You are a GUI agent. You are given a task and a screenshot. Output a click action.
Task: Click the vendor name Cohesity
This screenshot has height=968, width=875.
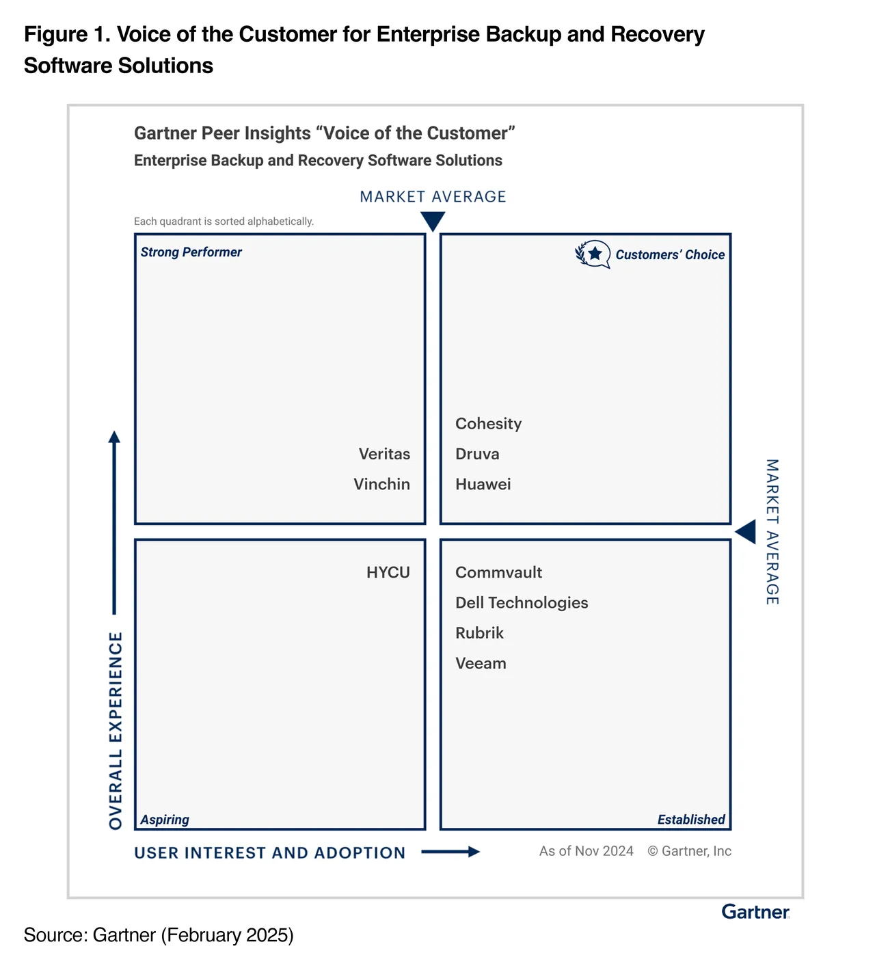point(488,424)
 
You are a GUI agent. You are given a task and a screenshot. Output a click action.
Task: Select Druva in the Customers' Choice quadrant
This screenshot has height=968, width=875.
point(477,454)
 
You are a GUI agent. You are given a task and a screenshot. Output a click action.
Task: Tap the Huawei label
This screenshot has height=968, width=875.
point(483,485)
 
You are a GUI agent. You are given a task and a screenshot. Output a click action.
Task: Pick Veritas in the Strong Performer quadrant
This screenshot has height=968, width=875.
point(384,454)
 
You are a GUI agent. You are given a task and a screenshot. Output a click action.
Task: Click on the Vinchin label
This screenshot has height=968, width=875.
point(381,485)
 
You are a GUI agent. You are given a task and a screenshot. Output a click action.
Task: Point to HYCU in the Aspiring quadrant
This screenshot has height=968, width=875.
point(388,573)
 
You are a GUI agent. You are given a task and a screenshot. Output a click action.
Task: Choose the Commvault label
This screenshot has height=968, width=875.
point(498,573)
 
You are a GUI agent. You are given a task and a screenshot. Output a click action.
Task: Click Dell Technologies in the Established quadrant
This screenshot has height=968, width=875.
point(522,603)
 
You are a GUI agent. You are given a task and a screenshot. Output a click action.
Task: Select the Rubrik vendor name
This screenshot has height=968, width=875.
point(479,633)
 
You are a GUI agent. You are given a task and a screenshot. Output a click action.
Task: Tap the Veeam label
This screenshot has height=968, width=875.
point(481,664)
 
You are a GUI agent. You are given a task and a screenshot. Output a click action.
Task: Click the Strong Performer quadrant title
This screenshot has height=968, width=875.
point(191,252)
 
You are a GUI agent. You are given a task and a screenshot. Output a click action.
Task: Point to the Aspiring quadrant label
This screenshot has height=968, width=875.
point(165,820)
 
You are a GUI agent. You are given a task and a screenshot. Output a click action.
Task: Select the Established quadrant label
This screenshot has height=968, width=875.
point(691,820)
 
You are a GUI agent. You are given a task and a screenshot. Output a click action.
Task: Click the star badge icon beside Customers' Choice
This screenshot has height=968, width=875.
point(593,254)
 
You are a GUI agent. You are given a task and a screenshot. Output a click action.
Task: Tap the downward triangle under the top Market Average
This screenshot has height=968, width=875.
point(433,221)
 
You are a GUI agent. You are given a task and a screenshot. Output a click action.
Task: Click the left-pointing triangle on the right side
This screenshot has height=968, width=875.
point(746,532)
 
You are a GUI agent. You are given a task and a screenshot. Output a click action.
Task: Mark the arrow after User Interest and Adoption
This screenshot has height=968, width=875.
point(450,852)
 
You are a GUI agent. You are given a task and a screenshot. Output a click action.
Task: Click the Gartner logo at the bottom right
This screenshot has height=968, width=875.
point(755,911)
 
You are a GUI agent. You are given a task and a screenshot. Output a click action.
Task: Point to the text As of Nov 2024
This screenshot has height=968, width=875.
point(587,851)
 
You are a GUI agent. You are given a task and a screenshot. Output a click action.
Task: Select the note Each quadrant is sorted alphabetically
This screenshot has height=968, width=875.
point(224,221)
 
